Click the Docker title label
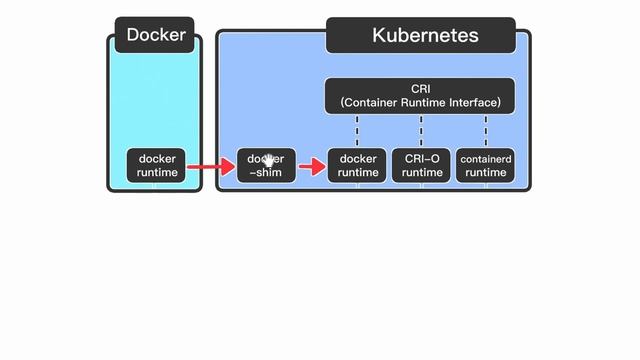click(156, 35)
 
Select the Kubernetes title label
click(425, 35)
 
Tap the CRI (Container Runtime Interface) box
click(420, 96)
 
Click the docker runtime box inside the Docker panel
click(157, 166)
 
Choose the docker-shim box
click(266, 166)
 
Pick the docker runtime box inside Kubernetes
click(358, 166)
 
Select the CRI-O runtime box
click(421, 166)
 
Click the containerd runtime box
click(486, 166)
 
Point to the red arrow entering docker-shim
click(210, 166)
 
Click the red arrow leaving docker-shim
click(312, 166)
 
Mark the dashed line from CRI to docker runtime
click(357, 130)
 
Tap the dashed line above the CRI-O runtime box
click(421, 130)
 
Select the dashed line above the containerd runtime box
click(486, 130)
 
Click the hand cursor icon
click(268, 160)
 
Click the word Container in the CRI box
click(374, 103)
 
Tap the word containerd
click(486, 159)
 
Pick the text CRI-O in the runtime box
click(421, 159)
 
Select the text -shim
click(266, 173)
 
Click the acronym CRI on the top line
click(420, 89)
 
